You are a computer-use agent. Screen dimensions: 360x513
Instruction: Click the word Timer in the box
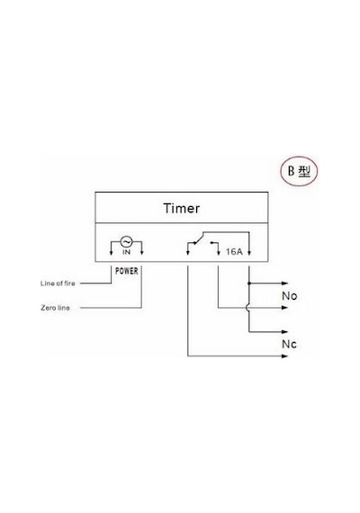(x=182, y=209)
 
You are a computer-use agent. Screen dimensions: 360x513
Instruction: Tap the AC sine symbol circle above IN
(x=126, y=242)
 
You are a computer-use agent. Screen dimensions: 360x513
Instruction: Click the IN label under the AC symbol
(x=126, y=252)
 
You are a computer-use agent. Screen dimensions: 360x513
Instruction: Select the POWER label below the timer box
(x=127, y=271)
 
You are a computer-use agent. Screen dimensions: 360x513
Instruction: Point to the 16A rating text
(x=234, y=252)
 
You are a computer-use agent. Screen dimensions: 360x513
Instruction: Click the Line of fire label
(x=58, y=283)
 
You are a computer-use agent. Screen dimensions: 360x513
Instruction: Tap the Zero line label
(x=55, y=308)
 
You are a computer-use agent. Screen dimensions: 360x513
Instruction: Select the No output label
(x=289, y=296)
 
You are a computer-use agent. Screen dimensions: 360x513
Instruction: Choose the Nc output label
(x=289, y=344)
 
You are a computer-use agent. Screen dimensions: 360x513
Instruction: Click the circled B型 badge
(x=299, y=171)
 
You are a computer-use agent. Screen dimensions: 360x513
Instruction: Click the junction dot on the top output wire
(x=249, y=283)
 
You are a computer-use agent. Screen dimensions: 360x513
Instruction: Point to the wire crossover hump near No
(x=247, y=308)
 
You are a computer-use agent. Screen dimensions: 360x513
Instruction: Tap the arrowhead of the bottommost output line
(x=284, y=356)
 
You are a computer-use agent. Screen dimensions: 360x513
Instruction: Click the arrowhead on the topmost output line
(x=284, y=283)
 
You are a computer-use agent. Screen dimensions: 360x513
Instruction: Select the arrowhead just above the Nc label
(x=284, y=332)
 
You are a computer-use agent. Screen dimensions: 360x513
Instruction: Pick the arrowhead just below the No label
(x=284, y=308)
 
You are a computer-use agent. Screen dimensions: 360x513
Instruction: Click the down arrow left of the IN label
(x=111, y=252)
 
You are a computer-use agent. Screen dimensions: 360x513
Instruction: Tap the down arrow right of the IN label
(x=141, y=252)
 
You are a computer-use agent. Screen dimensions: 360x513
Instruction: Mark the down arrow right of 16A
(x=249, y=252)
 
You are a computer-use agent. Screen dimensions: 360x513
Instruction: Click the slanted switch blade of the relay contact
(x=198, y=238)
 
